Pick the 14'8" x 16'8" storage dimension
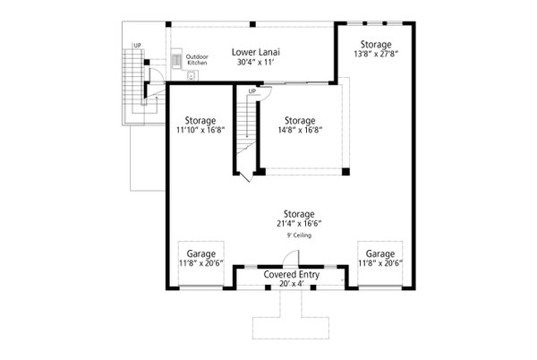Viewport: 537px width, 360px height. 299,129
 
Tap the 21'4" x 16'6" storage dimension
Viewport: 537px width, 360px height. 298,224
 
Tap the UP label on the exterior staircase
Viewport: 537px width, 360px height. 136,45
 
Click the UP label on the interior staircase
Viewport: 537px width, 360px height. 252,91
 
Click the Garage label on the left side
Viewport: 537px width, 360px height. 200,253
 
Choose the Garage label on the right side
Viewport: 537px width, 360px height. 380,253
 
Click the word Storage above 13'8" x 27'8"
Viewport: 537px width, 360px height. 375,44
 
